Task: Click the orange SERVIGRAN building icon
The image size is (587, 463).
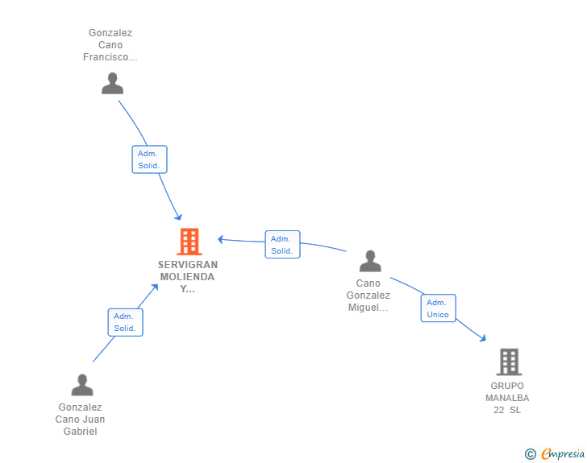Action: (189, 242)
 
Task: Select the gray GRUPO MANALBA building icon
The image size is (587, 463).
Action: (509, 362)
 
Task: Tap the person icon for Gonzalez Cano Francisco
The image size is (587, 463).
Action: (112, 84)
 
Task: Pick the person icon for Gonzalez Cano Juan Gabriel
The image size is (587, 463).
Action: (82, 385)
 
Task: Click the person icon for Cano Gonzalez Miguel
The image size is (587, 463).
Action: (370, 261)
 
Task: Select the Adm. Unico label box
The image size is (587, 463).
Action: (438, 308)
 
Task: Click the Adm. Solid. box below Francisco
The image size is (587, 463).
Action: (149, 159)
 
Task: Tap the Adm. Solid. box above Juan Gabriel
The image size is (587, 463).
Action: (126, 322)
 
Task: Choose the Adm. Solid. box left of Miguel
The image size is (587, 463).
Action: (283, 245)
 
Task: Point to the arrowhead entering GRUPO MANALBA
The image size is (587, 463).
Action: (483, 338)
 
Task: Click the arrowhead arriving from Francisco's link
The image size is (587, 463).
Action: (178, 217)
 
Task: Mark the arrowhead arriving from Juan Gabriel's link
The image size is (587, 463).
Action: (155, 287)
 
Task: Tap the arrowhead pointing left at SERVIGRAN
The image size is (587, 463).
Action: (221, 239)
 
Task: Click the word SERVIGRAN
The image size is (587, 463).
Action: (188, 265)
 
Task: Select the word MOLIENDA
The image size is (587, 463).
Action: (187, 277)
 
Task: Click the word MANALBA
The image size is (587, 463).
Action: (507, 398)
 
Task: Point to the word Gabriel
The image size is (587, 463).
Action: (80, 432)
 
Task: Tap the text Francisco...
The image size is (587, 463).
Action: (110, 57)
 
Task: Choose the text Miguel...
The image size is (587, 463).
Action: (368, 308)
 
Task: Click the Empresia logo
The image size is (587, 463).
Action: (555, 453)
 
